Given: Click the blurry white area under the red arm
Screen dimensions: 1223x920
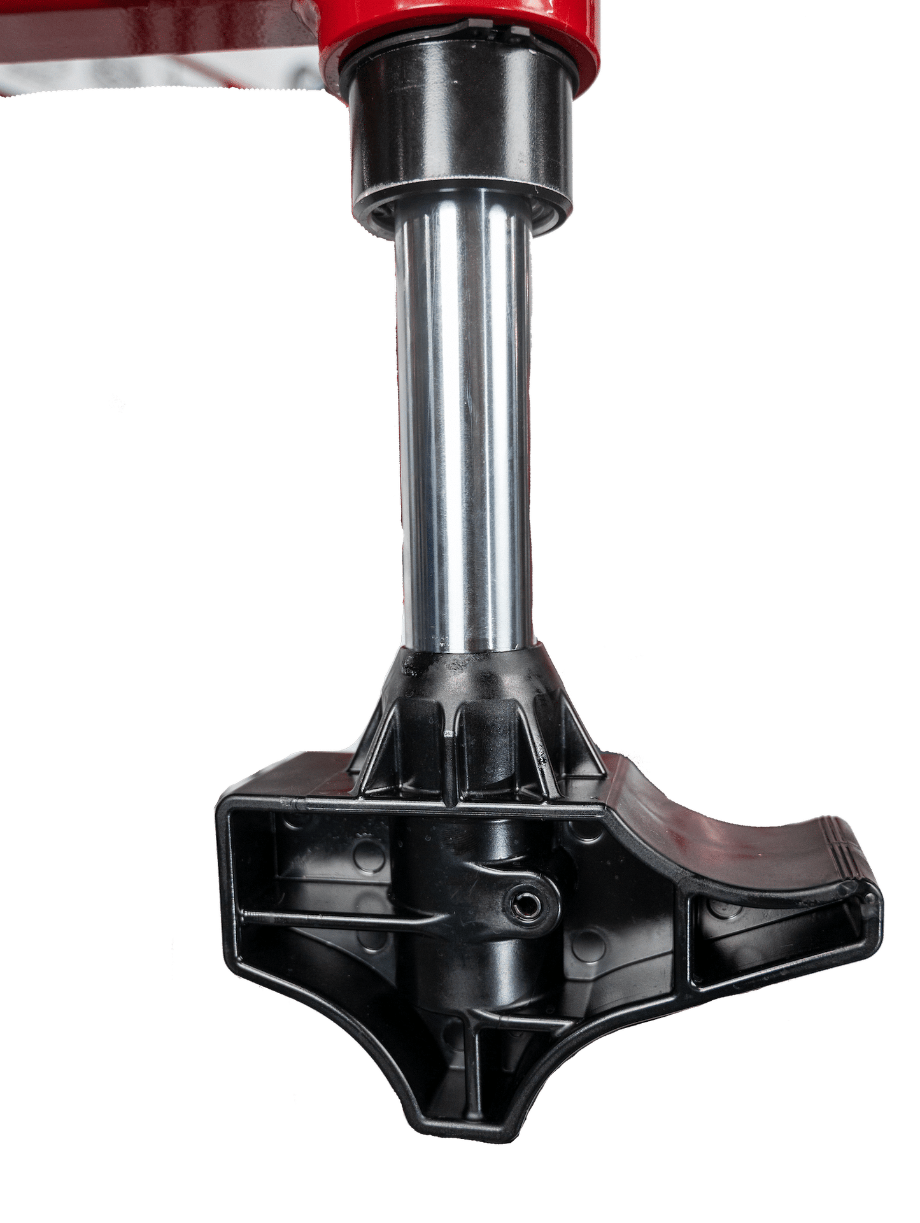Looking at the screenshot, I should pyautogui.click(x=159, y=80).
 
